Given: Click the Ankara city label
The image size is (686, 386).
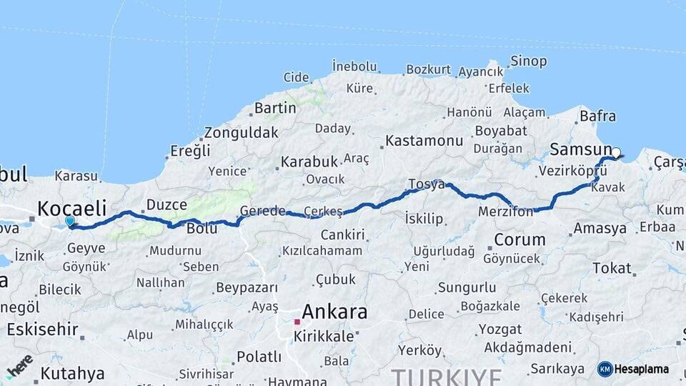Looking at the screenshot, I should coord(334,312).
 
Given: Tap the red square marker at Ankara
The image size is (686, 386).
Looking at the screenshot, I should coord(297,322).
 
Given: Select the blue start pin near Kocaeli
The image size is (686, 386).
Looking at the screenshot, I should coord(70,222).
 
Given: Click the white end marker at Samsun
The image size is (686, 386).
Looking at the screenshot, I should coord(616,152).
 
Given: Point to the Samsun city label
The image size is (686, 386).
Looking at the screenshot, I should coord(580,150).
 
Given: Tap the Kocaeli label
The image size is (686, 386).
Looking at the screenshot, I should coord(71,209).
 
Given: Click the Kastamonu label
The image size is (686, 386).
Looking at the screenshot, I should coord(424,140).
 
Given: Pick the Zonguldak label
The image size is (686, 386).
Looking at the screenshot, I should coord(241,132).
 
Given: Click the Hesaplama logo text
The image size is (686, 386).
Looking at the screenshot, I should coord(642,370).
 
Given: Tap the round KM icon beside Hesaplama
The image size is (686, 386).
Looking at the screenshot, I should coord(605,370).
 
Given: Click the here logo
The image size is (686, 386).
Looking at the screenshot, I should coord(19,365).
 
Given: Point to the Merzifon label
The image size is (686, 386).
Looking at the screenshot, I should coord(506,212).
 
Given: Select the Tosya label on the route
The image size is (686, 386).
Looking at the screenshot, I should coord(426,184).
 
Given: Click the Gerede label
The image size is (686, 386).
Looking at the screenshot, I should coord(262,211).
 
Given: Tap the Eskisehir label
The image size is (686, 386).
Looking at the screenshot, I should coord(42,330).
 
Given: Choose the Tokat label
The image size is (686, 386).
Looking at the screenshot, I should coord(612,268).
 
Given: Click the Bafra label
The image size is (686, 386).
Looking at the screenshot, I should coord(598,115).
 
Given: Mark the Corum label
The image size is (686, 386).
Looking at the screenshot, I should coord(520,239).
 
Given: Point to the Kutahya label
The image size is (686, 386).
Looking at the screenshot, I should coord(72,373).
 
